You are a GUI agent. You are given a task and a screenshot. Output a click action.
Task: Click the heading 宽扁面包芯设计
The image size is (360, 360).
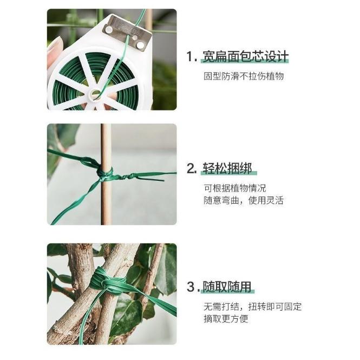click(x=245, y=57)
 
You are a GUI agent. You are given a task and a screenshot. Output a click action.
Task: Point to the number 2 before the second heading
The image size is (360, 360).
click(x=191, y=168)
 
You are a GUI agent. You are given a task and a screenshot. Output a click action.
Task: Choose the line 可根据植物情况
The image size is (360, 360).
click(x=235, y=188)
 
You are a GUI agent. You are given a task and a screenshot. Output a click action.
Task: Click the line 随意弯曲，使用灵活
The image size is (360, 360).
click(x=244, y=201)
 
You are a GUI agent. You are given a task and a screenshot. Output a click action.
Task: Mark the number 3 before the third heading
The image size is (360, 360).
click(x=191, y=287)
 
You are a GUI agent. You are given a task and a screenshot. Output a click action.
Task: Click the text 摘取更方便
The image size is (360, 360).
click(x=226, y=319)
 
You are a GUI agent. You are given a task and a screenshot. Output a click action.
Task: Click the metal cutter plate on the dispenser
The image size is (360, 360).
click(x=127, y=32)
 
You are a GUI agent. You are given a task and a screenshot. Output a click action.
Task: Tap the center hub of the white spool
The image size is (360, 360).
click(x=95, y=94)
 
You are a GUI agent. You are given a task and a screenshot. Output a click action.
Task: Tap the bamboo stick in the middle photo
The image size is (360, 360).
click(x=106, y=206)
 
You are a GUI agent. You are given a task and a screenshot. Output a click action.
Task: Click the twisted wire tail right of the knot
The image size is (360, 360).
click(x=143, y=176)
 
